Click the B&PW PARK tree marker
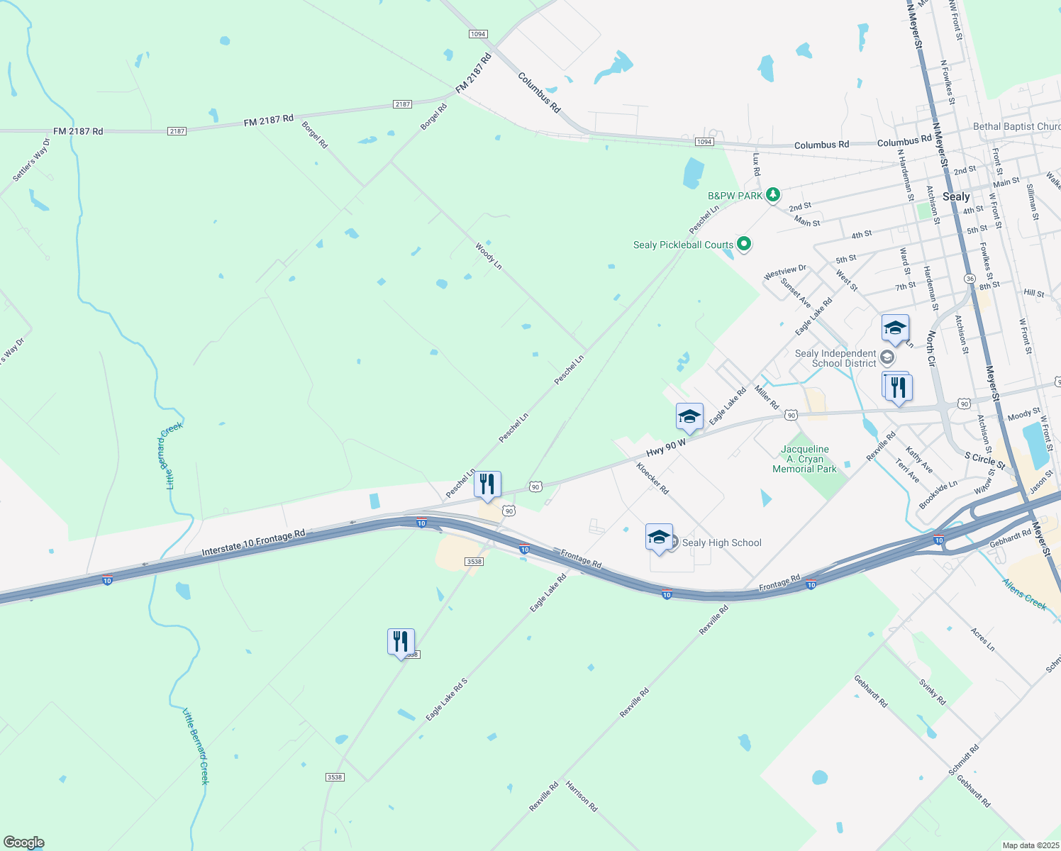(x=773, y=194)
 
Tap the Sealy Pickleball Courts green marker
(x=744, y=245)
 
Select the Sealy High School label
(x=721, y=543)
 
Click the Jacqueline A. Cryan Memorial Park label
(x=804, y=459)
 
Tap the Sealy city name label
(x=956, y=196)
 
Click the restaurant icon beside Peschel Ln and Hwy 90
(x=487, y=484)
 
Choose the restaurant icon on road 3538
(x=401, y=642)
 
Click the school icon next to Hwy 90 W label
(x=689, y=417)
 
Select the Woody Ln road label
(x=489, y=256)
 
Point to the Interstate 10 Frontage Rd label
(x=253, y=543)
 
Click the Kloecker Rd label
(x=652, y=478)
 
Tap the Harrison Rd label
(x=582, y=796)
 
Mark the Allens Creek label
(x=1024, y=594)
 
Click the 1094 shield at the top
(x=478, y=34)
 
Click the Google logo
(x=23, y=842)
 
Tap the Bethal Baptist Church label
(x=1016, y=126)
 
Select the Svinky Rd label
(x=933, y=692)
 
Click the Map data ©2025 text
(x=1030, y=845)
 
